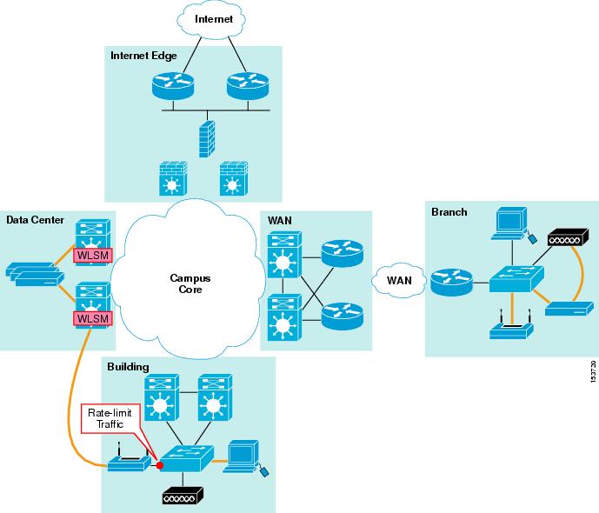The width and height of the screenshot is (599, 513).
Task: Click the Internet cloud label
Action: click(214, 19)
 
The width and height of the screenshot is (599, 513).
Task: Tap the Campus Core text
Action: click(190, 283)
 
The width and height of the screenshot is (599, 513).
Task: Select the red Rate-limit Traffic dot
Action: click(160, 465)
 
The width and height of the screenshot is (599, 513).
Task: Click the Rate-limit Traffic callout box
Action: click(110, 418)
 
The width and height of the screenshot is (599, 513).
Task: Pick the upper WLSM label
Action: click(93, 256)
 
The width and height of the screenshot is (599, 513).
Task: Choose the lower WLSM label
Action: click(93, 318)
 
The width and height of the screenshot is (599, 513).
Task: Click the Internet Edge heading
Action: click(143, 56)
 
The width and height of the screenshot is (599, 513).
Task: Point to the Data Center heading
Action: click(35, 220)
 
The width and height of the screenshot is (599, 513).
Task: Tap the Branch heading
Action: click(449, 212)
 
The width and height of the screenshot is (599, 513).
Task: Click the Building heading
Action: click(128, 367)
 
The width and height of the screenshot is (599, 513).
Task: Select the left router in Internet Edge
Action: click(173, 86)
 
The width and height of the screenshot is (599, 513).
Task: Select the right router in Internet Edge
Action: click(248, 86)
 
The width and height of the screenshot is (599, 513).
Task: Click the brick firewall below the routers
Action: click(207, 139)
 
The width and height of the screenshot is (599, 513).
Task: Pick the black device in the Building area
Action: click(183, 496)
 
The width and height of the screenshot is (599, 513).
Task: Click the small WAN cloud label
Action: click(399, 281)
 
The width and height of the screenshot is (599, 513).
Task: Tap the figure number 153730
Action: click(593, 371)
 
